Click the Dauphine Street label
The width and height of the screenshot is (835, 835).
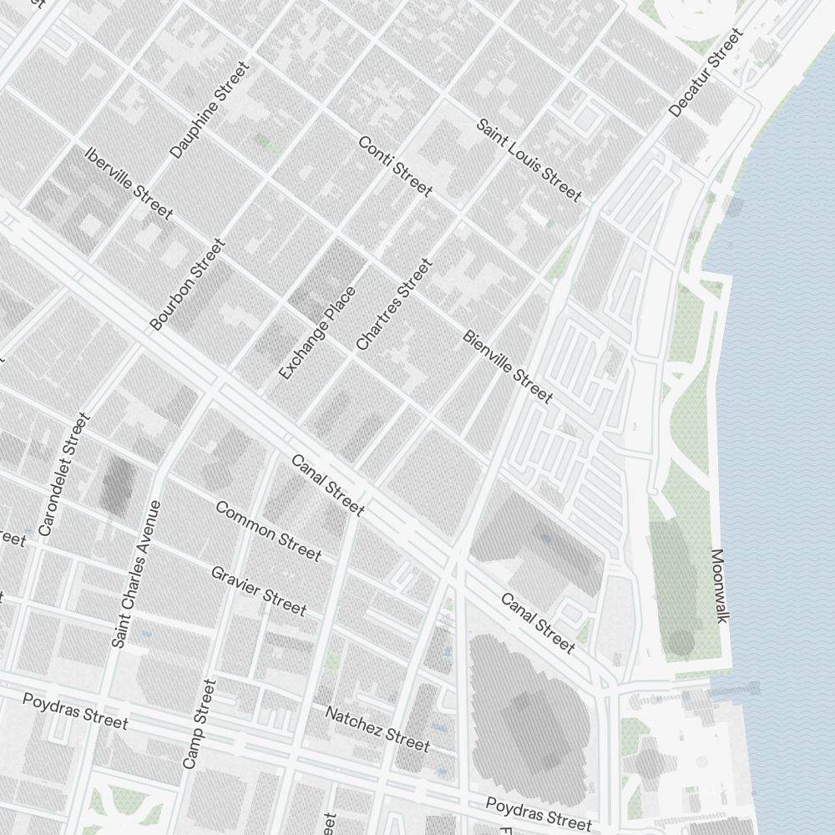pos(210,109)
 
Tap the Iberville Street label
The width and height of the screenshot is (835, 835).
pos(129,184)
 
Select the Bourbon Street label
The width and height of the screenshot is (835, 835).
pos(188,285)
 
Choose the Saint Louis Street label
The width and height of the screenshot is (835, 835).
pos(529,160)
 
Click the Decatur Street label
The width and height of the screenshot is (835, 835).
pos(706,73)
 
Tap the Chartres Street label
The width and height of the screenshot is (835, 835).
pos(394,305)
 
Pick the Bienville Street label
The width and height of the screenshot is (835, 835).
pos(507,367)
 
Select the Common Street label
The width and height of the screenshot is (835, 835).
pos(268,531)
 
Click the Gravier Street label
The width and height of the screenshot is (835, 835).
pos(258,590)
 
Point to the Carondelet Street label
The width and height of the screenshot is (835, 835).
pos(63,474)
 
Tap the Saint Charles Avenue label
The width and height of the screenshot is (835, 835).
pos(135,574)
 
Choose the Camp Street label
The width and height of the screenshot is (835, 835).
pos(200,724)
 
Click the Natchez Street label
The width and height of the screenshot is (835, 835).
pos(377,729)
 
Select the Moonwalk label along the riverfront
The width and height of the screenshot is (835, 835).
pos(720,585)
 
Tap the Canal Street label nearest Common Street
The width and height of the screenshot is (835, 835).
pos(327,485)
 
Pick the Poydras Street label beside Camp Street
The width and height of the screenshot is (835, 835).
pos(75,711)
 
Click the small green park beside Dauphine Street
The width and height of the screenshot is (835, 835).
pos(267,143)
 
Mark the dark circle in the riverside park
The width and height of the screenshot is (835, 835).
pos(681,642)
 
